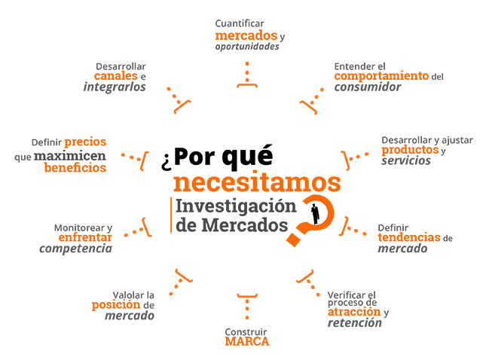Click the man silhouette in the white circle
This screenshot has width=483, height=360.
click(x=316, y=213)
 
